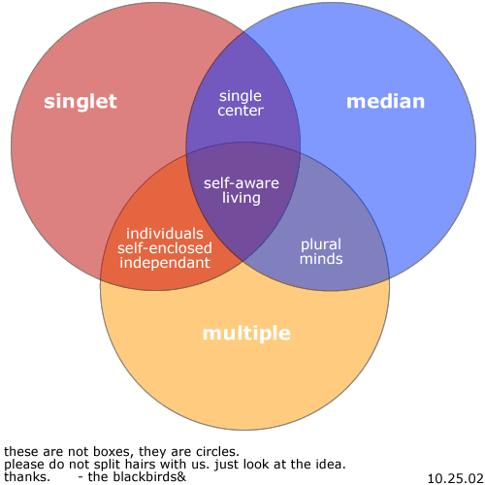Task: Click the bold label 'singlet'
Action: [81, 102]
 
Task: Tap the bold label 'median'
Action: [385, 101]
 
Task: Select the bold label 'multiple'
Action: [246, 333]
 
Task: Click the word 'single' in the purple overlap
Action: [241, 96]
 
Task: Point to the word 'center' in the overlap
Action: [241, 111]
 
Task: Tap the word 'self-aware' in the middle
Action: [242, 183]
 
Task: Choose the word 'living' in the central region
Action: [242, 198]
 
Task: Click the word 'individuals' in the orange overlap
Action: [165, 234]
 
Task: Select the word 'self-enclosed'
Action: [165, 248]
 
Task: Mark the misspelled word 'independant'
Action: [165, 263]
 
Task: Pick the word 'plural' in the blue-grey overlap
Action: [321, 244]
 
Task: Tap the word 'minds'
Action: [321, 259]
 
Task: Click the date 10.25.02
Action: [455, 478]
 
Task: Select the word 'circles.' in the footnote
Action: [217, 451]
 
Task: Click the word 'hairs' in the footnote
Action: [141, 465]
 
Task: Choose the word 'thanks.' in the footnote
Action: [27, 477]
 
